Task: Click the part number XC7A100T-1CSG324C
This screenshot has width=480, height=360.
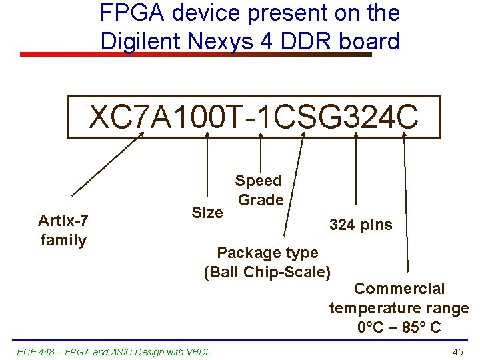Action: click(x=254, y=117)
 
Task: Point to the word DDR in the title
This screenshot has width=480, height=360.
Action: click(x=308, y=41)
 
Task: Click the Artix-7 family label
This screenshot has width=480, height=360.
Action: click(x=63, y=230)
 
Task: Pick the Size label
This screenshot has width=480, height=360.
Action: click(x=207, y=213)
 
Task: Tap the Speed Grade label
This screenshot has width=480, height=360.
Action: click(x=259, y=190)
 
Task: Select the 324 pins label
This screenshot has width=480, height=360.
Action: click(x=361, y=225)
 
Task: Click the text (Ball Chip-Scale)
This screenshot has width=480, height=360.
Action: click(x=267, y=272)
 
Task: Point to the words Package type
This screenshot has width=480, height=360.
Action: click(x=267, y=253)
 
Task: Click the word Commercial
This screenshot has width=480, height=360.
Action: click(x=399, y=289)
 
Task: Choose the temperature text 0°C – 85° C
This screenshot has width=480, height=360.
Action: click(x=399, y=327)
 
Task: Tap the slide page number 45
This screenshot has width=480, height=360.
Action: click(x=457, y=352)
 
